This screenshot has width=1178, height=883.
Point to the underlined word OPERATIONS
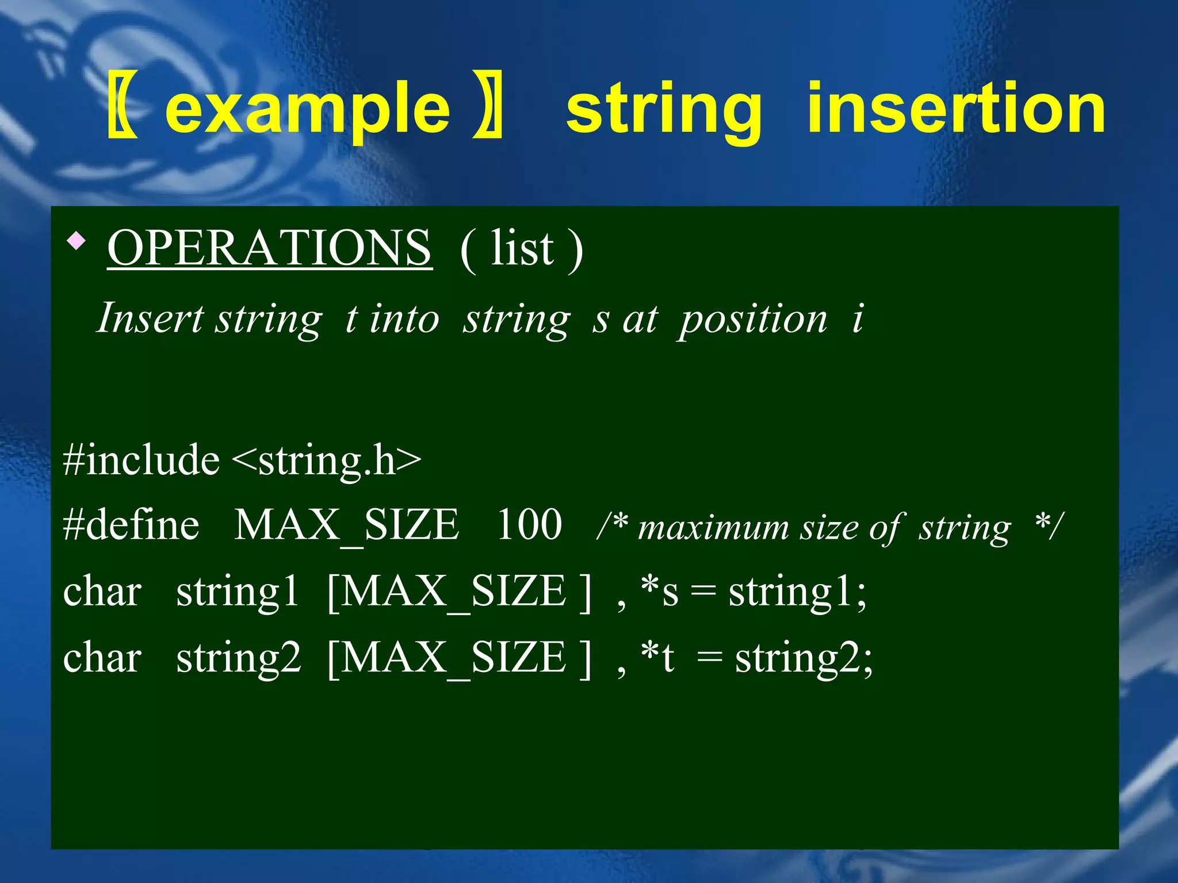pos(269,248)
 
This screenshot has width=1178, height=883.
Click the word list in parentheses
pos(522,249)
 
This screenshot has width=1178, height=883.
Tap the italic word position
pos(753,319)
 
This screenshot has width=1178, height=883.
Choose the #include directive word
pos(141,460)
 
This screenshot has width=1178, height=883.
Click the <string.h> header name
pos(327,460)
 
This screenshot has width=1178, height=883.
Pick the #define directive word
pos(131,525)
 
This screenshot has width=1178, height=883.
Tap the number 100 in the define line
pos(529,525)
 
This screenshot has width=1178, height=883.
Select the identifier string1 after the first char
pos(238,592)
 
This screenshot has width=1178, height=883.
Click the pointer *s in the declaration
pos(660,592)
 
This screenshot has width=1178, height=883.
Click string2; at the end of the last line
pos(804,658)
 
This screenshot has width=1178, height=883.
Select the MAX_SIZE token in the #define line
pos(346,525)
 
